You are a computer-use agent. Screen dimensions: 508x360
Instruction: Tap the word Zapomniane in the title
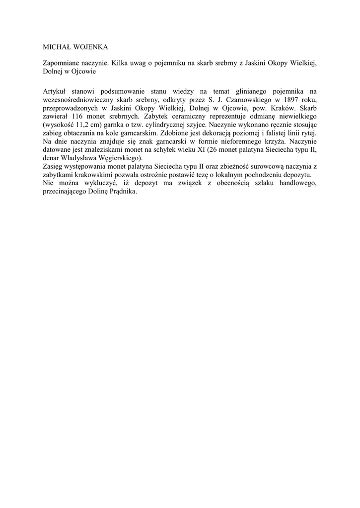coord(63,64)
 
